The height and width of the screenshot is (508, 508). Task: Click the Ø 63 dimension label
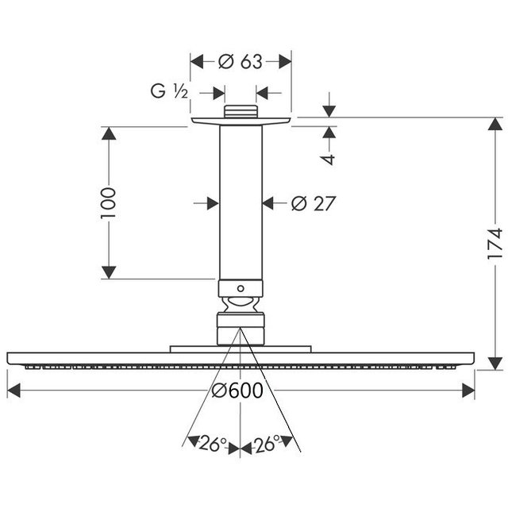(x=240, y=62)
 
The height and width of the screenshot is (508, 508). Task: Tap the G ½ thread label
(x=169, y=91)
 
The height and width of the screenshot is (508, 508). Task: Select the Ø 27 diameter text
(x=313, y=203)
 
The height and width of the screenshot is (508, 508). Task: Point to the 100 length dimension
(x=108, y=203)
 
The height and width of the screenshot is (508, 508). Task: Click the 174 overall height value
(x=495, y=244)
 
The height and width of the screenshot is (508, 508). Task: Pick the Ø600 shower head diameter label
(x=237, y=391)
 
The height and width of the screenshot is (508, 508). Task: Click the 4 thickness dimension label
(x=329, y=160)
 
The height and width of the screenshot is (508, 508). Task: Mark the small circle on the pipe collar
(x=241, y=288)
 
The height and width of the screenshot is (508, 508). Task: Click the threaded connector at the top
(x=241, y=111)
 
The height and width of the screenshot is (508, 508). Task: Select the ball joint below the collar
(x=241, y=305)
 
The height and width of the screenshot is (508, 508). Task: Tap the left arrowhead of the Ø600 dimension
(x=13, y=391)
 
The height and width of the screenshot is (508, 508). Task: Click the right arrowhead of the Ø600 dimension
(x=468, y=391)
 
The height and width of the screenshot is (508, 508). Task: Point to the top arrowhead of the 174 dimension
(x=495, y=124)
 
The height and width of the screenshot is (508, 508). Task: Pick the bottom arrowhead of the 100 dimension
(x=109, y=272)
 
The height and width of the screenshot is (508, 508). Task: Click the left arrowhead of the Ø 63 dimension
(x=197, y=62)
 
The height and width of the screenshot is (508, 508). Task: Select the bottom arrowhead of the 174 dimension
(x=495, y=364)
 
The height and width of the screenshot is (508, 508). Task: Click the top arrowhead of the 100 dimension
(x=109, y=133)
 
